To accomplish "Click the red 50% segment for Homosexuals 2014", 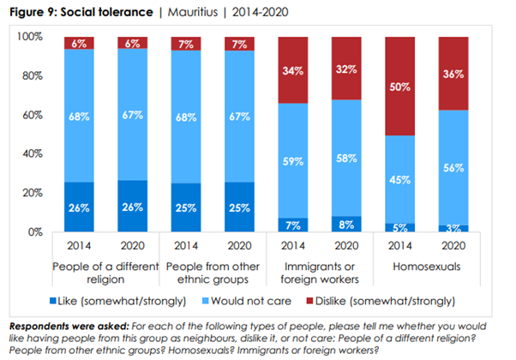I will (399, 87).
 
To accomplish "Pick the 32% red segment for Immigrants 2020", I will (347, 69).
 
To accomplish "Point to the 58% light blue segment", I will (347, 159).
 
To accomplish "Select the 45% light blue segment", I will (399, 179).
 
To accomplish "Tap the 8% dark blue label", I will (347, 224).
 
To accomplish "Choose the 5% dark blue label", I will (399, 227).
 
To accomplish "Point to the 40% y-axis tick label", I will (32, 153).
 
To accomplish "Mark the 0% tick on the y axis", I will (34, 231).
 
